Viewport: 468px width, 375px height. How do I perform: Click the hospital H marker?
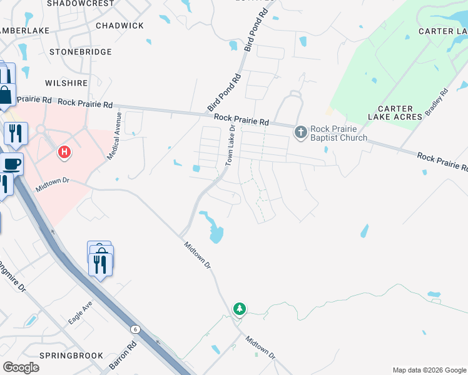click(63, 151)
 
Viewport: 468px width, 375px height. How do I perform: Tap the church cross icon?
click(300, 131)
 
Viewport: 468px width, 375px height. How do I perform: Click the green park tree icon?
click(239, 308)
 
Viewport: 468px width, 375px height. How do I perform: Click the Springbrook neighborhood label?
click(71, 356)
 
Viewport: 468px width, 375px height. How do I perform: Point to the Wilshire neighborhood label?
click(66, 82)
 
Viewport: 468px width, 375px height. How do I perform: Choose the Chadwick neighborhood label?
click(120, 26)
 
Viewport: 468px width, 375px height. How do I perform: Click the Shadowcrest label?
click(81, 3)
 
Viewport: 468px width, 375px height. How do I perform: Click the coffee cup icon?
click(12, 164)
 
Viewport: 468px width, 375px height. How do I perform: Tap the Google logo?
click(21, 367)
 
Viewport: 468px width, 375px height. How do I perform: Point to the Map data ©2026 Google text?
click(429, 370)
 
